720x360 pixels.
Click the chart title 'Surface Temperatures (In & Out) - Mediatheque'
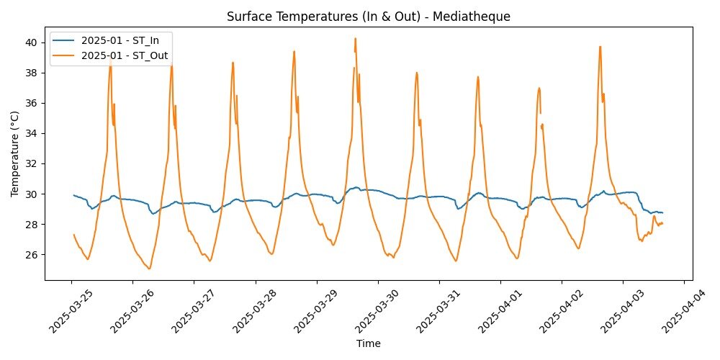[368, 15]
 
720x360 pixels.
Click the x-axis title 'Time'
[368, 343]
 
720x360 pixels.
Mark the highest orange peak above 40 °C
[355, 38]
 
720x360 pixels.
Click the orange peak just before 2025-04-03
[600, 47]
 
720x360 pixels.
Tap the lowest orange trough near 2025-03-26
[149, 269]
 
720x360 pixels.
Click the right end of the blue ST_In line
[662, 212]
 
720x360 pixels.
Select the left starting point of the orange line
[73, 234]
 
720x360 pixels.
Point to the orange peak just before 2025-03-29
[294, 51]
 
